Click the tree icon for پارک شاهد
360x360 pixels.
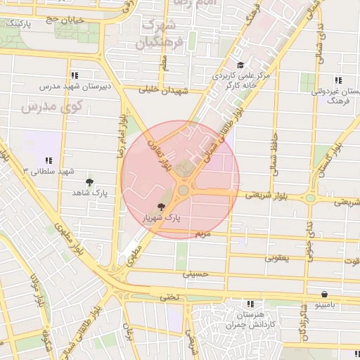coord(89,181)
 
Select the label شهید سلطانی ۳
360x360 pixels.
coord(48,172)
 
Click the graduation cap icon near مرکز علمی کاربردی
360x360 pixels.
coord(240,65)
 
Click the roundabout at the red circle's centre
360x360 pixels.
coord(184,190)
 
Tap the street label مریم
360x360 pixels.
coord(202,233)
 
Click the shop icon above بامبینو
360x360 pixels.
coord(325,294)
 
